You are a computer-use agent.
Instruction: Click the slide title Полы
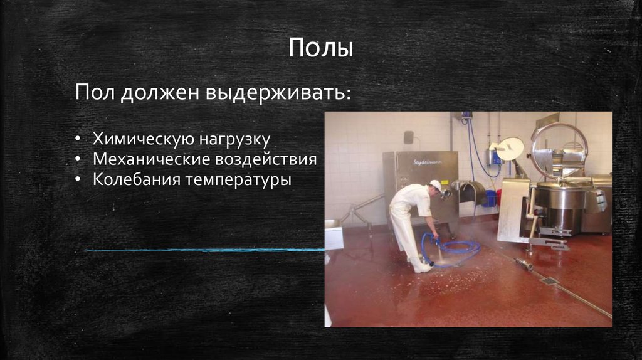(320, 48)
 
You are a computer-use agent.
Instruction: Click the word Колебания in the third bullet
(129, 180)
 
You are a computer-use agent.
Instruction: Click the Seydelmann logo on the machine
(428, 161)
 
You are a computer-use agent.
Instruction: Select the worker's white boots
(421, 266)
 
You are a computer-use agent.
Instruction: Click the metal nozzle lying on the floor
(524, 264)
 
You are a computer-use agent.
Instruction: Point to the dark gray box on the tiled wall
(408, 137)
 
